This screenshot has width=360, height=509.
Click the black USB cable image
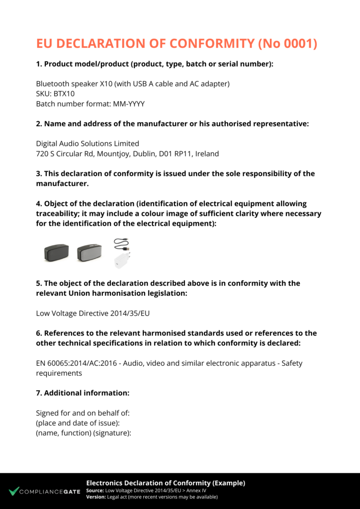pyautogui.click(x=121, y=244)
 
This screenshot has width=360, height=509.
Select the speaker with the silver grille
pyautogui.click(x=89, y=253)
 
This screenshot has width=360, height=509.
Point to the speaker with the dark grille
pyautogui.click(x=56, y=253)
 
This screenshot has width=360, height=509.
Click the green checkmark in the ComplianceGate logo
pyautogui.click(x=13, y=491)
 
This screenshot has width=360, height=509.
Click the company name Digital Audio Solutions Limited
pyautogui.click(x=88, y=144)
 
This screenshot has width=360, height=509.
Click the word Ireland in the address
pyautogui.click(x=207, y=154)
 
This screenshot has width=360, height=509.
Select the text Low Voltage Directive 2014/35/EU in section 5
pyautogui.click(x=93, y=313)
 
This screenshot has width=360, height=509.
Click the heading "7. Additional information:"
pyautogui.click(x=83, y=393)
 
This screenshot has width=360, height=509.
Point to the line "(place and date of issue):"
pyautogui.click(x=78, y=423)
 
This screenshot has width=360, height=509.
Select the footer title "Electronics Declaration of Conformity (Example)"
pyautogui.click(x=166, y=483)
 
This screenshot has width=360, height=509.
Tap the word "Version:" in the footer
pyautogui.click(x=95, y=497)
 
